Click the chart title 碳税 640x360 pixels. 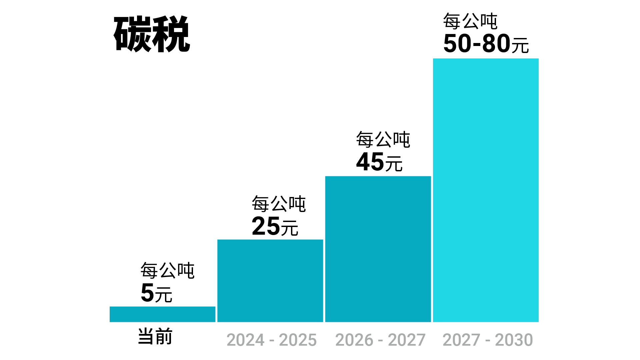coord(152,34)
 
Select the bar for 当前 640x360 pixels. coord(162,314)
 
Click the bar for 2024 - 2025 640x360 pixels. coord(270,281)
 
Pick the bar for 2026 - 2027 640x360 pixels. coord(378,249)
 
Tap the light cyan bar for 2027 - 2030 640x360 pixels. coord(486,190)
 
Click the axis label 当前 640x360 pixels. coord(155,336)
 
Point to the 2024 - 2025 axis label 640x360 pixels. coord(271,340)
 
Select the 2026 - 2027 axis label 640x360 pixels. coord(380,340)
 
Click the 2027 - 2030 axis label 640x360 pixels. coord(488,340)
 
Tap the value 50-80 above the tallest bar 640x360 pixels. coord(477,44)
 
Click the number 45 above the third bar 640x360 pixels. coord(370,162)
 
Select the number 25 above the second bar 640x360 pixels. coord(266,226)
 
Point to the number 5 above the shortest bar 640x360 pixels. coord(147,293)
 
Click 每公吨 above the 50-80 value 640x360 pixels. coord(470,21)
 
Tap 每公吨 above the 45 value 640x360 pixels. coord(383,139)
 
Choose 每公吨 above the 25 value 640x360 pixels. coord(279,204)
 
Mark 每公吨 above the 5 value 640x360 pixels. coord(167,270)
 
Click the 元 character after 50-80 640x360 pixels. coord(520,46)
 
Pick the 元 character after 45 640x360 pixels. coord(394,164)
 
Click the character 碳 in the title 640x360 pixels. coord(133,34)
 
